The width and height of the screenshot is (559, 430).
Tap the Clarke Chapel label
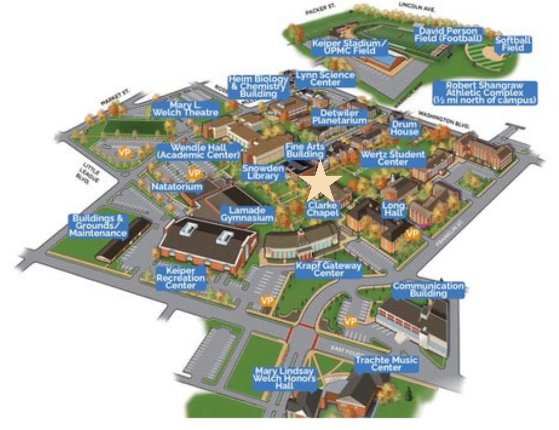(322, 209)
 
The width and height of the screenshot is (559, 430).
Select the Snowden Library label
(263, 172)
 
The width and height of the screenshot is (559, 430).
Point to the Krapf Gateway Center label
(328, 269)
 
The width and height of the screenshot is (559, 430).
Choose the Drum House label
(404, 128)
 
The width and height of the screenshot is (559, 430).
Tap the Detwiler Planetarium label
(339, 117)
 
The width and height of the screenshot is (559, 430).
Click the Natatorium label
(177, 187)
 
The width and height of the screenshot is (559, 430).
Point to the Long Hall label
(393, 209)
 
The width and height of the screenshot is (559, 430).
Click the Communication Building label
(428, 290)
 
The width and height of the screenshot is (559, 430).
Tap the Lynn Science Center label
(325, 79)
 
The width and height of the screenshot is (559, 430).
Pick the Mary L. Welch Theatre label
(185, 109)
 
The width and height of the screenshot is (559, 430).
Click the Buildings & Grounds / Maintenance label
(98, 226)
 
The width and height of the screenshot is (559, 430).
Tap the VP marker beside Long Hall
(412, 234)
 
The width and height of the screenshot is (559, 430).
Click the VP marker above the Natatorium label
(195, 173)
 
